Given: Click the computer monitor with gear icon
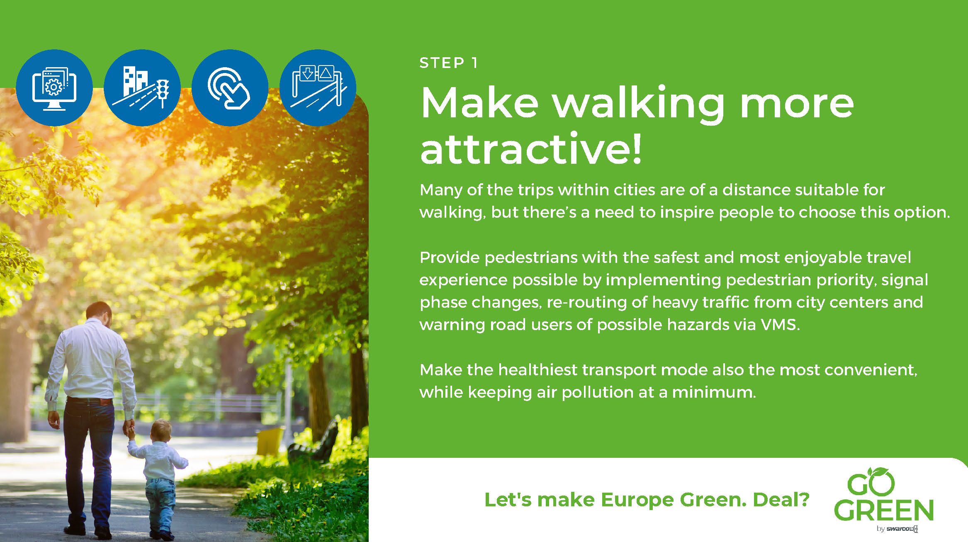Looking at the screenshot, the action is (x=54, y=87).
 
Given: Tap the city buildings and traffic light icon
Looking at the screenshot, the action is (x=142, y=87).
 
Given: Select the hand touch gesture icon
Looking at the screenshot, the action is (x=230, y=87).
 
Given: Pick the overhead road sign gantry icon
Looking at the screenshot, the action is (x=318, y=87).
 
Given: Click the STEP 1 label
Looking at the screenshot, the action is (x=449, y=63).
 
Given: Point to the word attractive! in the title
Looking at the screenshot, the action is (x=531, y=148).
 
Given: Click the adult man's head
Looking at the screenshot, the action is (x=100, y=315).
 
